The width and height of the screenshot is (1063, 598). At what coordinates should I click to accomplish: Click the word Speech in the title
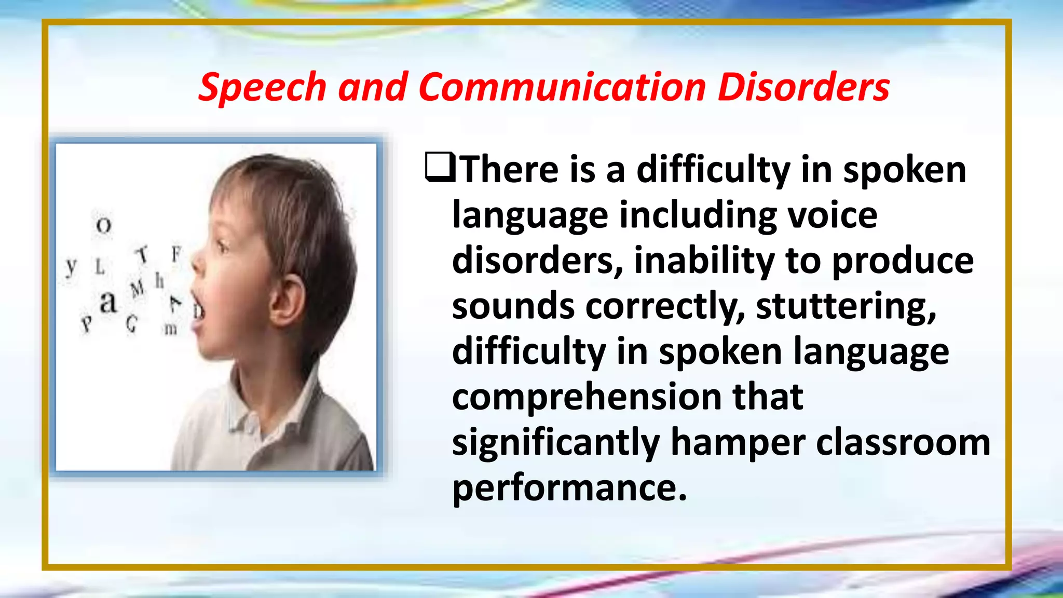pyautogui.click(x=262, y=87)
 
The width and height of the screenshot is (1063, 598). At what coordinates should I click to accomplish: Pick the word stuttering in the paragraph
pyautogui.click(x=846, y=306)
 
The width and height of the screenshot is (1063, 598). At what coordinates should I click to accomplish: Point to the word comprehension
pyautogui.click(x=587, y=397)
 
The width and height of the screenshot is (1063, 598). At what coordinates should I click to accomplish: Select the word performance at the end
pyautogui.click(x=569, y=488)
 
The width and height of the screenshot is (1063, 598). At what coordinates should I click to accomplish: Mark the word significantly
pyautogui.click(x=556, y=442)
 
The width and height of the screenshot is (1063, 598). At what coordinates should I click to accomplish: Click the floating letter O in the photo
pyautogui.click(x=104, y=225)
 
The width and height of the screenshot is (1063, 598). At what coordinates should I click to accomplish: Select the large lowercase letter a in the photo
pyautogui.click(x=108, y=302)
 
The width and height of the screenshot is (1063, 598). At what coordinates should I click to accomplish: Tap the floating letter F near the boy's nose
pyautogui.click(x=176, y=254)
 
